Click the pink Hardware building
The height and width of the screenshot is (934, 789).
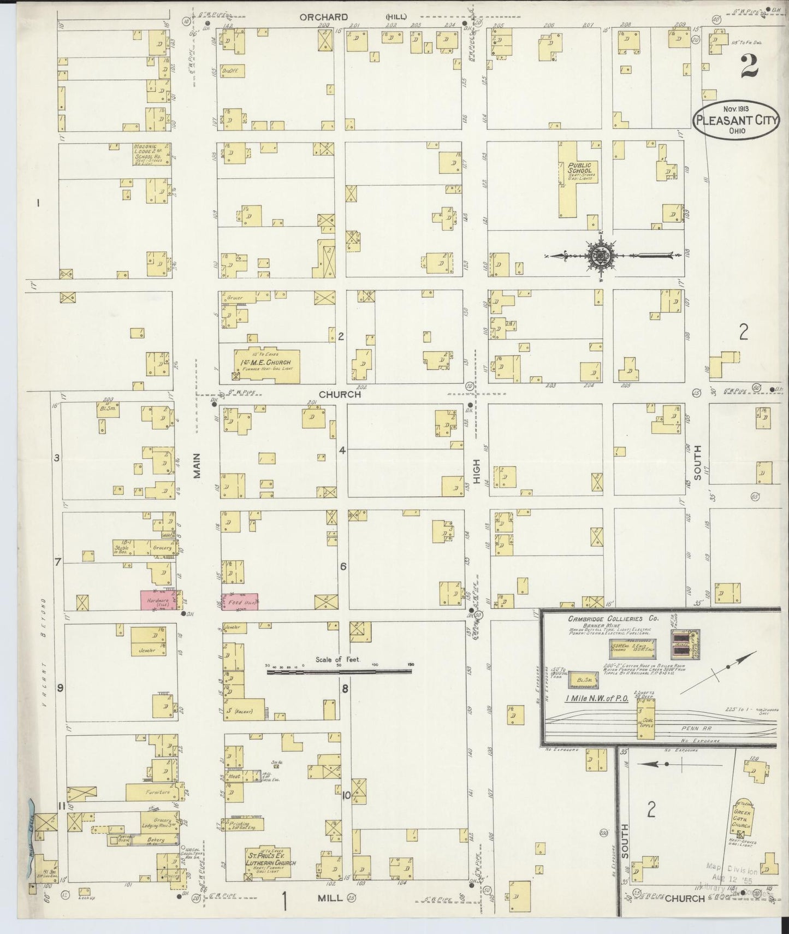point(158,600)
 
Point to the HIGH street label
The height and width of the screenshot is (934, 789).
point(476,470)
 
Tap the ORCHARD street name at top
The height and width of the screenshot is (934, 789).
point(324,17)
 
